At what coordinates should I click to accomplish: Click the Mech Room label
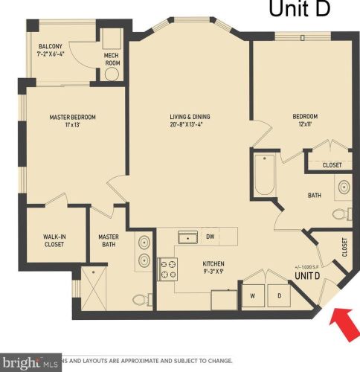113,59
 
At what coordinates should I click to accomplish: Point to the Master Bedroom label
72,121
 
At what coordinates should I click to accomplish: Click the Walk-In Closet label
56,240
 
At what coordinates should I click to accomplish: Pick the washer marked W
252,296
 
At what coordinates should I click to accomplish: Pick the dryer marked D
280,296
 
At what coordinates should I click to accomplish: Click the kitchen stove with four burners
168,268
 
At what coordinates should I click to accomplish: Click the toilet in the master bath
139,300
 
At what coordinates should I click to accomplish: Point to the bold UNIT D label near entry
307,276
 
